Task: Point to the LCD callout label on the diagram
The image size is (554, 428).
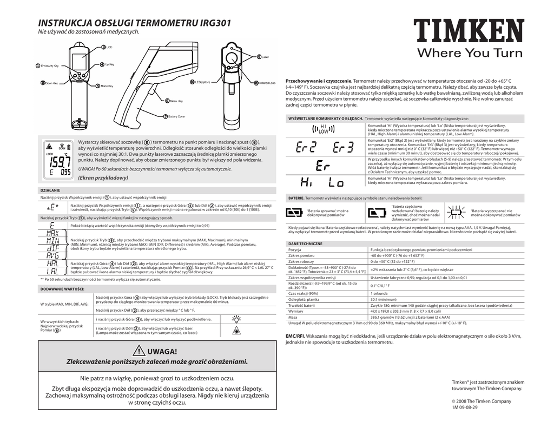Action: [x=109, y=48]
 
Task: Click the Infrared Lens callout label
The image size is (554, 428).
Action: [x=266, y=83]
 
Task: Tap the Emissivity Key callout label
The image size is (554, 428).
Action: [x=51, y=66]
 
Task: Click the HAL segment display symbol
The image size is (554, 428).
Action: [x=52, y=262]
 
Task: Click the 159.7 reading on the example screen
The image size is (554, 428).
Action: [x=57, y=162]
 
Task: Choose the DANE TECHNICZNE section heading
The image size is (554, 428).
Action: [x=306, y=243]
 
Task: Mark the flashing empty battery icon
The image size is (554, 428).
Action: [x=455, y=211]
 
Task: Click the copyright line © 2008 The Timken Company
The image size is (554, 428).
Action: [x=481, y=401]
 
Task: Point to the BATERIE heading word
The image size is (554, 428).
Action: [x=295, y=199]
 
